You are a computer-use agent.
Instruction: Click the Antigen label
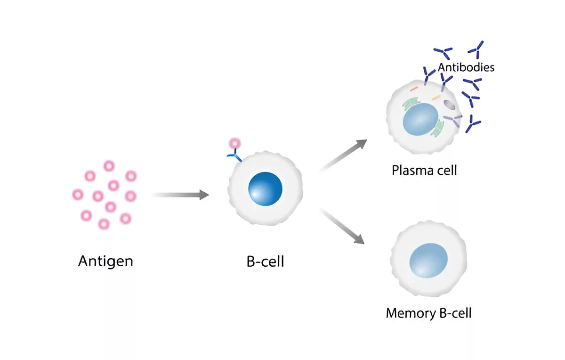(105, 262)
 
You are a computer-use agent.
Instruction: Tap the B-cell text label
(265, 262)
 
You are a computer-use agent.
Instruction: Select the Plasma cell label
(424, 170)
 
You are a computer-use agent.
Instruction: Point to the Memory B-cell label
(429, 313)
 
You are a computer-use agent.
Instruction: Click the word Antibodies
(466, 67)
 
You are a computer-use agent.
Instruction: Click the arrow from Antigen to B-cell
(181, 195)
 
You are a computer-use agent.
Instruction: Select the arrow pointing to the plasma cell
(343, 155)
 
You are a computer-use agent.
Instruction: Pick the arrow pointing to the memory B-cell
(343, 226)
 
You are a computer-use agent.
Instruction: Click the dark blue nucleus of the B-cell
(265, 189)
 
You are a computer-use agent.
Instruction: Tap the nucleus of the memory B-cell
(428, 260)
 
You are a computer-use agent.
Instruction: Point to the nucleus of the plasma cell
(420, 119)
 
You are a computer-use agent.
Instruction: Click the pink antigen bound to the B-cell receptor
(234, 143)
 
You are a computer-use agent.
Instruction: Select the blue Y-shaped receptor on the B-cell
(234, 155)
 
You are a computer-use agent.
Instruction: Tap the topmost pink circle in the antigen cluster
(109, 166)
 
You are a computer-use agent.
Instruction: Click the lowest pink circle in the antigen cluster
(104, 224)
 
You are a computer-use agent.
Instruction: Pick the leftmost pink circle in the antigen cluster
(78, 195)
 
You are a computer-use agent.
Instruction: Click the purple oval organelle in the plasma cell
(449, 105)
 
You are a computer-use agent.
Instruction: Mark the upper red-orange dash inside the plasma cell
(414, 89)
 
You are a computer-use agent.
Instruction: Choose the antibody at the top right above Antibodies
(476, 50)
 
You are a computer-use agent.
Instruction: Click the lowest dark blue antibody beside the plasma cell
(473, 124)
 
